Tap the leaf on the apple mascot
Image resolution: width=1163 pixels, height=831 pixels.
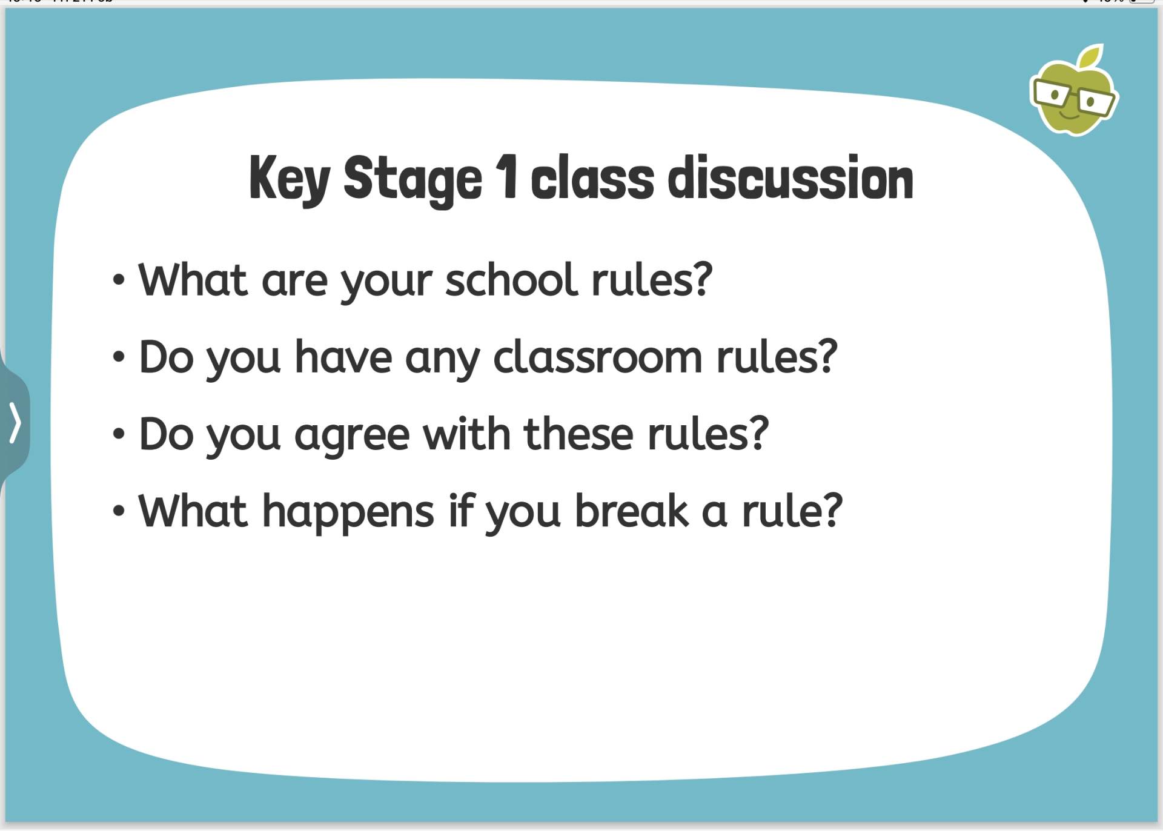pyautogui.click(x=1092, y=56)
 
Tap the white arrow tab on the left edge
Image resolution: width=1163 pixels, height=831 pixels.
pyautogui.click(x=15, y=423)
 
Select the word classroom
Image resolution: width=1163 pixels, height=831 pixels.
pyautogui.click(x=598, y=357)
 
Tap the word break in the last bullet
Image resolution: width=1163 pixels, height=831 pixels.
pyautogui.click(x=632, y=511)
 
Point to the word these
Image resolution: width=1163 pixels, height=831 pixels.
pyautogui.click(x=579, y=434)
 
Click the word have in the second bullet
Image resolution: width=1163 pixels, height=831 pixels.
pyautogui.click(x=343, y=357)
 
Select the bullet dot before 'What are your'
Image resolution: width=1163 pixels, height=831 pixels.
pyautogui.click(x=119, y=281)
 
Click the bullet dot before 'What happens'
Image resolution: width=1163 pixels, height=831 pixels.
pyautogui.click(x=119, y=511)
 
